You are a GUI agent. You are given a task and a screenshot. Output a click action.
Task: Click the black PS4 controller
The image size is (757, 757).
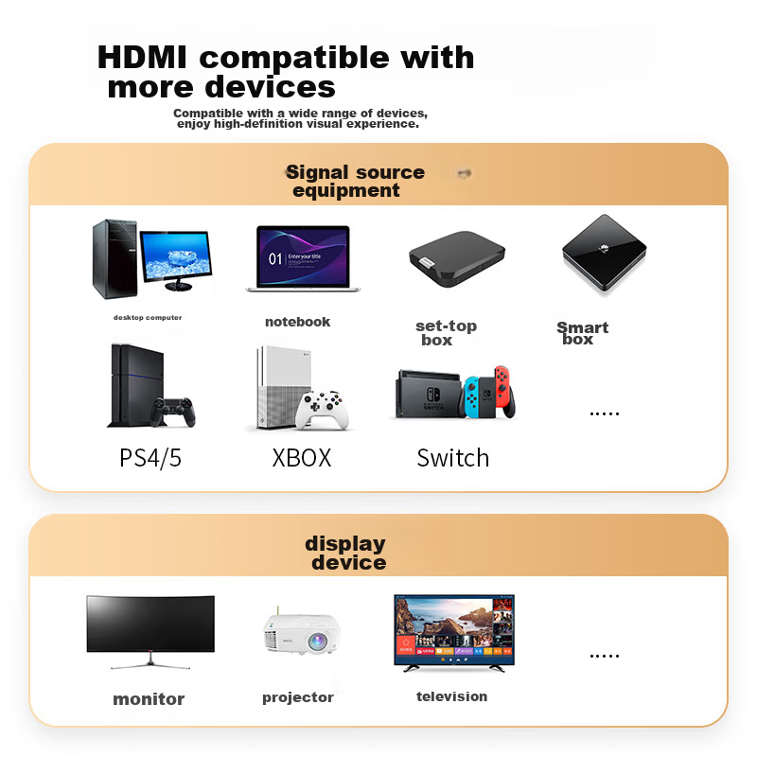[x=174, y=412]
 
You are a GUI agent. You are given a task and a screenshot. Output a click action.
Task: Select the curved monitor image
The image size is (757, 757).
[x=150, y=625]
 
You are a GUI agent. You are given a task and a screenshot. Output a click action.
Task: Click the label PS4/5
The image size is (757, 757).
[x=150, y=458]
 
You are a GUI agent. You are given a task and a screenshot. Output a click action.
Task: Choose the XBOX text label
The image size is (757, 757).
[x=302, y=458]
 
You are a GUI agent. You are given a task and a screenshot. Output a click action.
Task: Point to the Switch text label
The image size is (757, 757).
[x=453, y=458]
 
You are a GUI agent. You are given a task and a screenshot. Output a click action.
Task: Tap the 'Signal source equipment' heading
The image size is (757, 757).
[x=354, y=181]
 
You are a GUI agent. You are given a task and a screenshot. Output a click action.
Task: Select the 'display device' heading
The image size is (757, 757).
[x=346, y=554]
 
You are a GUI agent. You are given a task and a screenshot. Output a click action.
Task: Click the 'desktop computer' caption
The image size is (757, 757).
[x=148, y=318]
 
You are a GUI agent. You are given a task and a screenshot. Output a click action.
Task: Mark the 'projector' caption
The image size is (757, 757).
[x=298, y=697]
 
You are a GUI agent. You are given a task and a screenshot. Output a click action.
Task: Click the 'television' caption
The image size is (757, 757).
[x=452, y=696]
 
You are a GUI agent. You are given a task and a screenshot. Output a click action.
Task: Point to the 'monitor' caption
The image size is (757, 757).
[x=149, y=699]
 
